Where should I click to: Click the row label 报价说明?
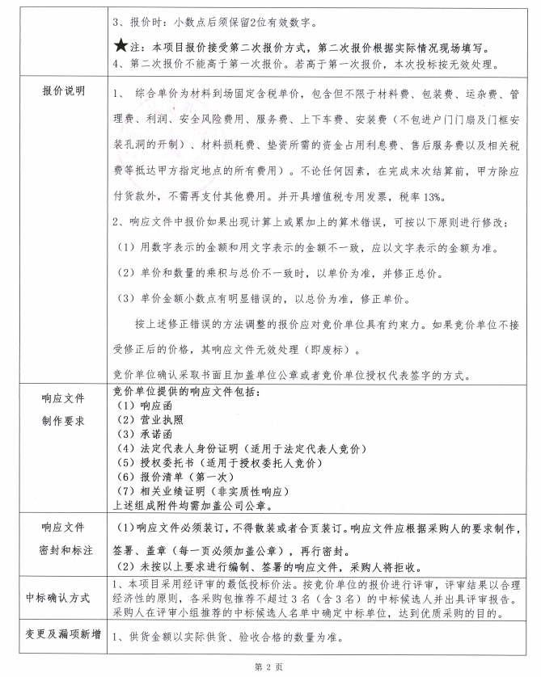pyautogui.click(x=63, y=90)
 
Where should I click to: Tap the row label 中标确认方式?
pyautogui.click(x=63, y=598)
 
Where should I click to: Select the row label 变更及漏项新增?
pyautogui.click(x=63, y=634)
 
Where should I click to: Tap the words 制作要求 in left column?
pyautogui.click(x=63, y=421)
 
